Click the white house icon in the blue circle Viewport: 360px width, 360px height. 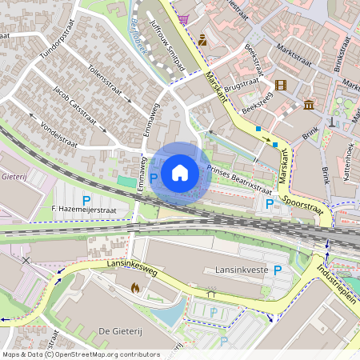pos(180,172)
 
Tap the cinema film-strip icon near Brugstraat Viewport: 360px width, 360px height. pos(281,85)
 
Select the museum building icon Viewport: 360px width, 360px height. pos(309,104)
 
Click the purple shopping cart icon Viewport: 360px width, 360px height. pos(184,18)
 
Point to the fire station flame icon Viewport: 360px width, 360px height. pos(134,286)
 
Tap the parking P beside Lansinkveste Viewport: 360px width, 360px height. pos(278,270)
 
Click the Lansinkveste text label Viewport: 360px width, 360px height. pos(239,270)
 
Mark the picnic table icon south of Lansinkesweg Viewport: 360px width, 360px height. pos(212,293)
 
